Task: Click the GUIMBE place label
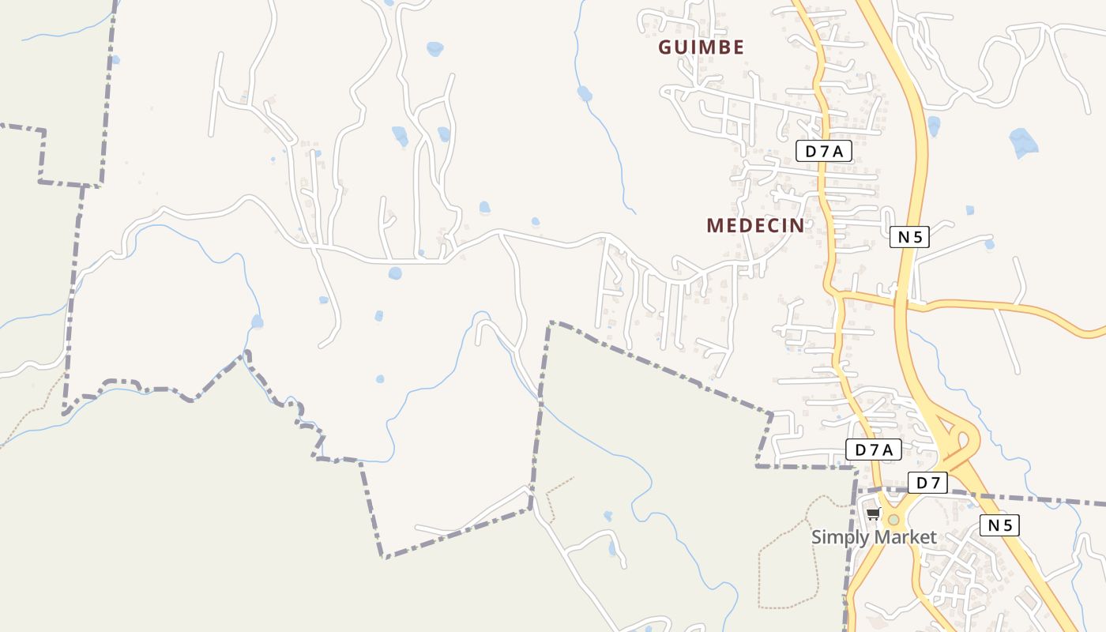(702, 47)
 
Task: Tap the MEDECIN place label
(756, 226)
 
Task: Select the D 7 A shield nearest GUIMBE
(824, 152)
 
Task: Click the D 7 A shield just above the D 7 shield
(874, 450)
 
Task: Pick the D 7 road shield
(927, 483)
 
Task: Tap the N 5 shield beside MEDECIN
(910, 236)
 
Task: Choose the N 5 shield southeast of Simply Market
(1000, 525)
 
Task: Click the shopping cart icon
(873, 514)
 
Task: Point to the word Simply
(837, 538)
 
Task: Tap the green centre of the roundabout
(893, 520)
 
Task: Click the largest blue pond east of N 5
(1023, 142)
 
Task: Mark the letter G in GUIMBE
(665, 47)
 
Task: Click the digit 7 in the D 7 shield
(935, 483)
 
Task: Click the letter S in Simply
(817, 538)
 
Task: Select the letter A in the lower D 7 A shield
(888, 450)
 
